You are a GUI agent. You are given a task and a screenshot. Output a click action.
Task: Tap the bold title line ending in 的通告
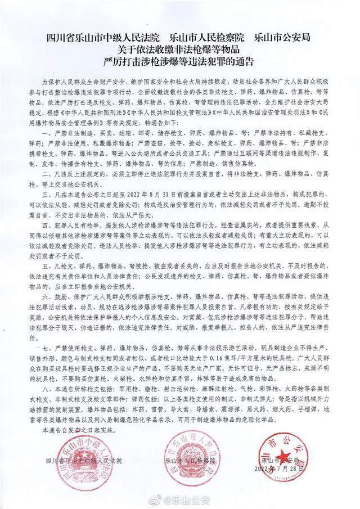point(179,59)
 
